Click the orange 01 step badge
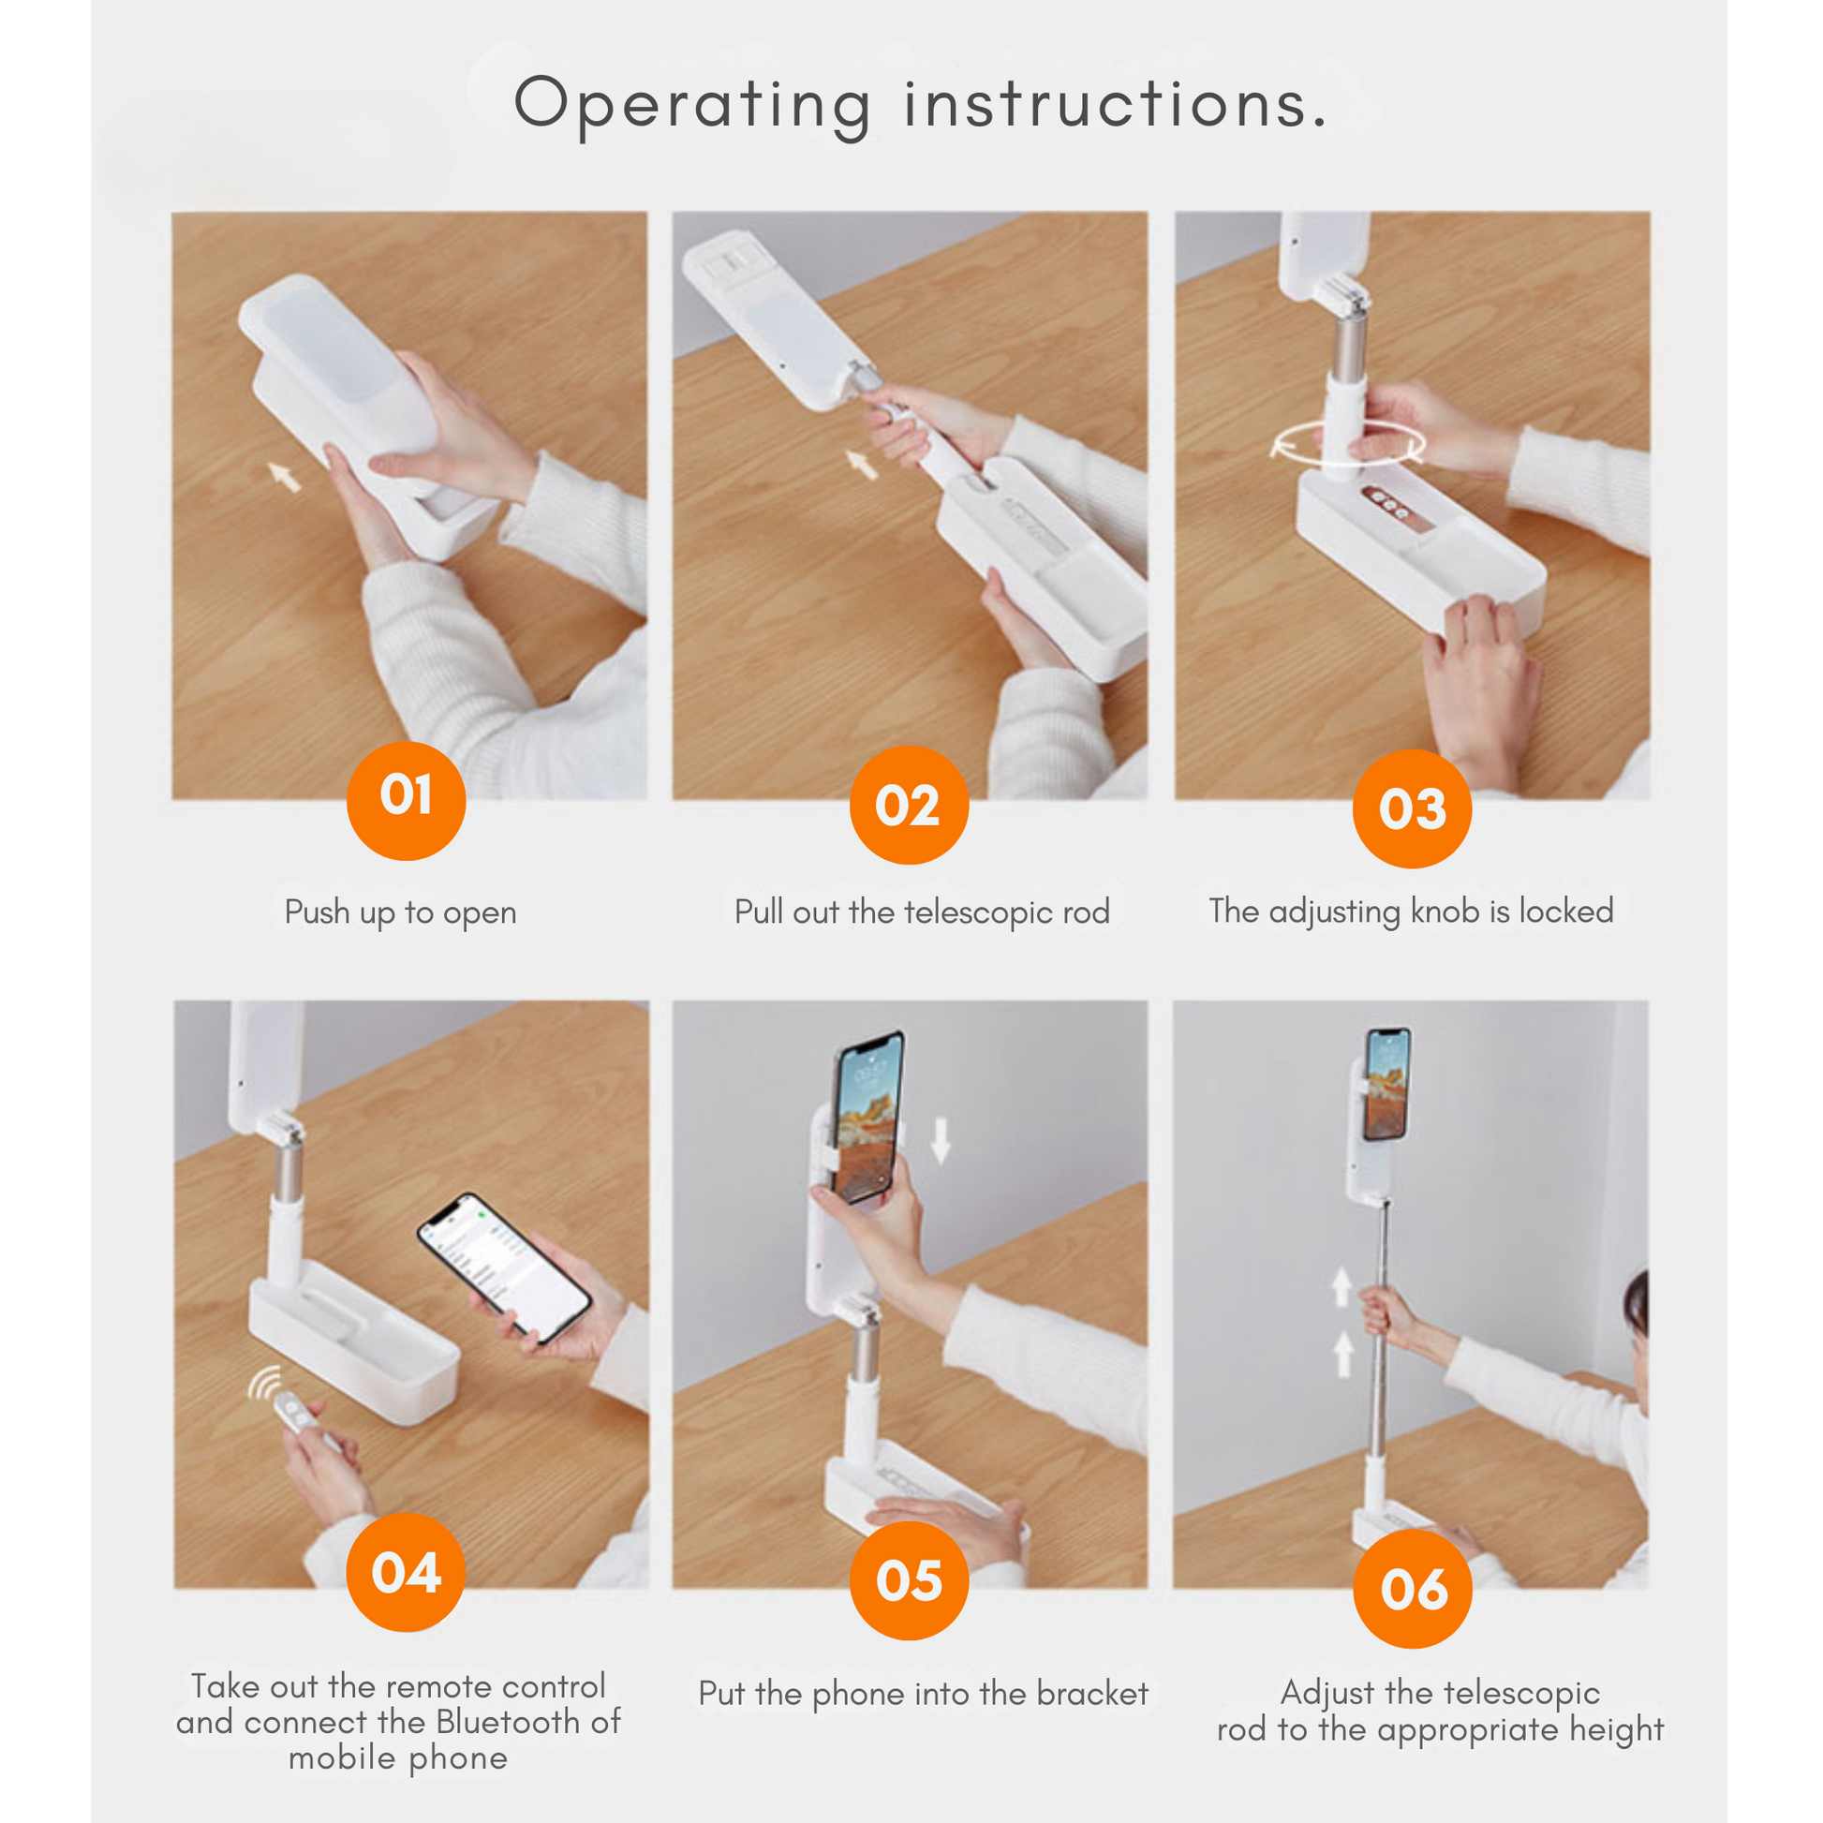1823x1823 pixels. (406, 800)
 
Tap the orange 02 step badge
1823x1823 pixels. (909, 805)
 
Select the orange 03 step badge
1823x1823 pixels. (1412, 808)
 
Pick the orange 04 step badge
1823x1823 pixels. (406, 1572)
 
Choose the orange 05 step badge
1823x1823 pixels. (909, 1580)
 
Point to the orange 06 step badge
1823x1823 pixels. (1413, 1589)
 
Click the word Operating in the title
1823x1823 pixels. (692, 106)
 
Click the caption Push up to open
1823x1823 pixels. (400, 912)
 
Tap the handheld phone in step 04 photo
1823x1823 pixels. (504, 1267)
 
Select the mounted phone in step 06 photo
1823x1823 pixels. (1388, 1084)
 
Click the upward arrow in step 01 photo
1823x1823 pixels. (284, 477)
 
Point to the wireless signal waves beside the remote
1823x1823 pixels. (264, 1384)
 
